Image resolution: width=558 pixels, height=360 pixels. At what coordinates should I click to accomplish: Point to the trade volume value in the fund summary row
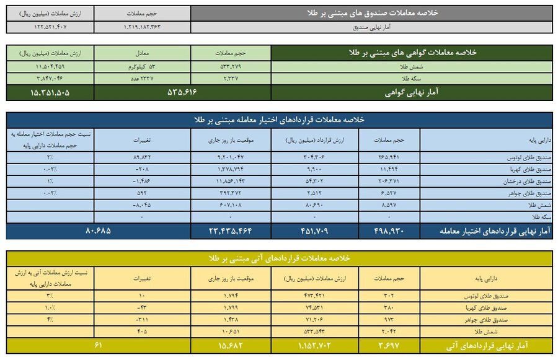pos(143,27)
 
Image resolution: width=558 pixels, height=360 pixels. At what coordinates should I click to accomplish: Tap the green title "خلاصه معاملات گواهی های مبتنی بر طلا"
pos(411,53)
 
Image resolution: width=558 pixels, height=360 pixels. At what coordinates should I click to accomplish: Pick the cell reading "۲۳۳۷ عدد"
pos(143,79)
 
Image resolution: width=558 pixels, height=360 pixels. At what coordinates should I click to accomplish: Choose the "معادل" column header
pos(143,53)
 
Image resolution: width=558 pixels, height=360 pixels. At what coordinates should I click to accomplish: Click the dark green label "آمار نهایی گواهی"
pos(411,92)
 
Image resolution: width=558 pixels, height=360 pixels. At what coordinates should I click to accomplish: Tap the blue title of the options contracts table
pos(279,120)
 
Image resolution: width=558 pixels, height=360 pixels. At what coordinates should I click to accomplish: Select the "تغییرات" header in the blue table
pos(143,140)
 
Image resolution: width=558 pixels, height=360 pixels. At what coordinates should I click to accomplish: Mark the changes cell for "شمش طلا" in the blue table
pos(143,204)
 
